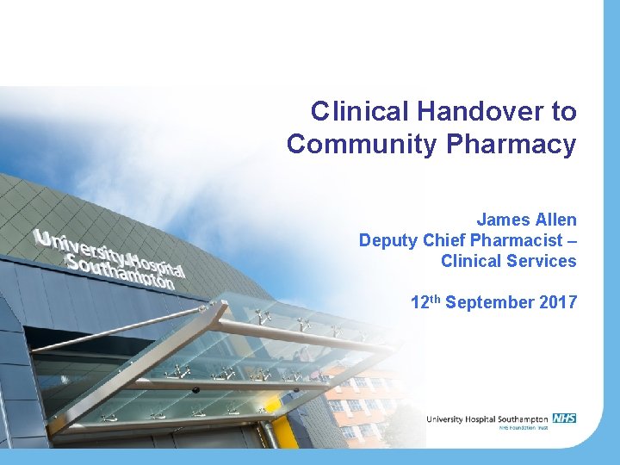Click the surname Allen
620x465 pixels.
(556, 220)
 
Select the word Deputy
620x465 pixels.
(386, 240)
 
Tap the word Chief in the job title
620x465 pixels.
(441, 240)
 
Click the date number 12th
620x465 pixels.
(425, 302)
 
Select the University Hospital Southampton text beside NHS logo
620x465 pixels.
(487, 419)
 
